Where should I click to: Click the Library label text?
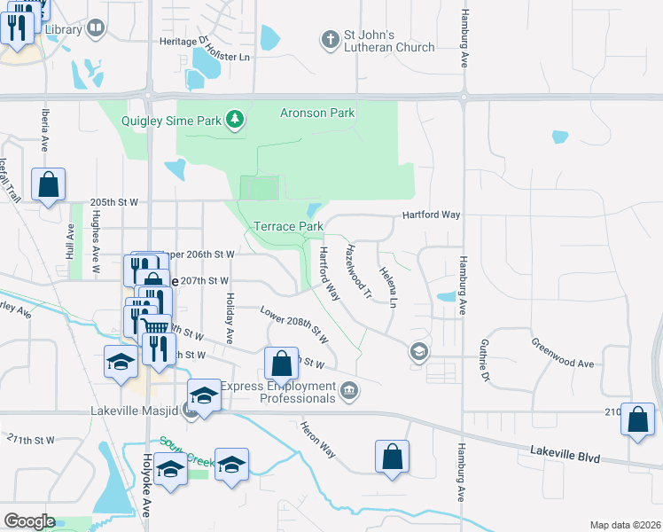(62, 29)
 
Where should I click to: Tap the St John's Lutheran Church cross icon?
(330, 39)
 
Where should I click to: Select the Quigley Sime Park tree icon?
(234, 120)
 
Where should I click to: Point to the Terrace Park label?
(289, 226)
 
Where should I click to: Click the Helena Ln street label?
(387, 286)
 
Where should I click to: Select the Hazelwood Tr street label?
(358, 270)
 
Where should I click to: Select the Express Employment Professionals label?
(278, 392)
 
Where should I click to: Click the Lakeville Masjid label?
(135, 411)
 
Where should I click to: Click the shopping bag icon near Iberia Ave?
(49, 185)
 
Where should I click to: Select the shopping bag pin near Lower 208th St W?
(281, 364)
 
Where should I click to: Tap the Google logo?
(29, 521)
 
